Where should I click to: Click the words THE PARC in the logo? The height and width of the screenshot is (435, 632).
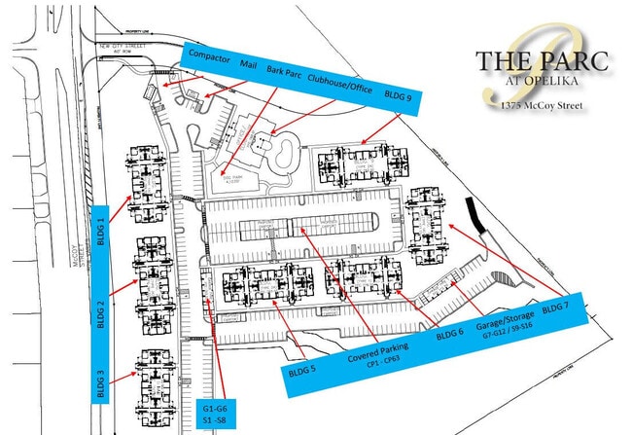click(543, 61)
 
